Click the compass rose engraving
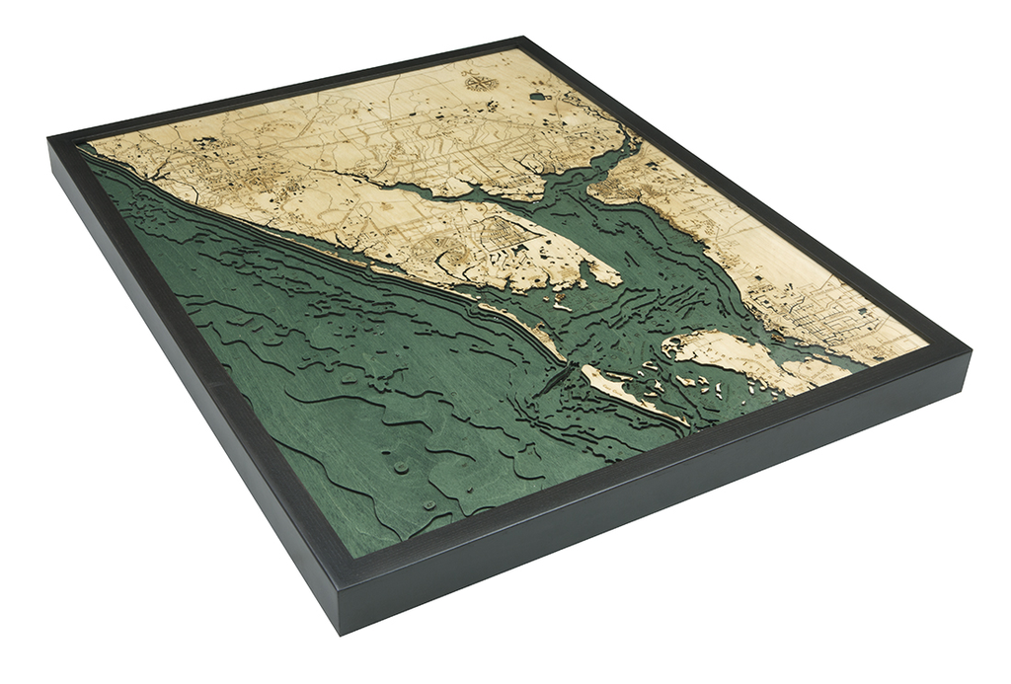(x=479, y=82)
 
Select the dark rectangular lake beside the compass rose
(x=538, y=97)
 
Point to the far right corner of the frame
(x=970, y=351)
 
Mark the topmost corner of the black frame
(x=524, y=38)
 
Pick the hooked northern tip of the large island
(x=672, y=345)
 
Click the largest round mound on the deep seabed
(x=400, y=464)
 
